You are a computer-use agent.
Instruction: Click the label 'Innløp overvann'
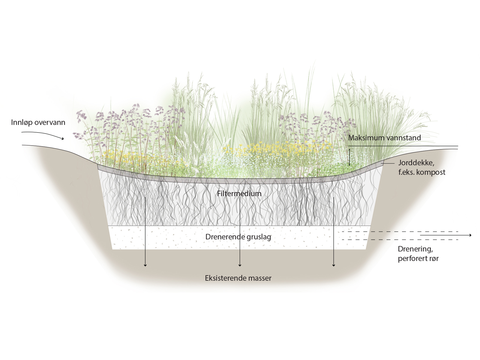coord(38,122)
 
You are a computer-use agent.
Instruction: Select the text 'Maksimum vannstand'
coord(384,138)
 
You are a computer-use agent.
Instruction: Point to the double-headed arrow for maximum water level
coord(349,157)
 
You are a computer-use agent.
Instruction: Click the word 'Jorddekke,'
coord(416,163)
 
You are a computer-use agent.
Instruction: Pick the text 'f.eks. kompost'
coord(422,172)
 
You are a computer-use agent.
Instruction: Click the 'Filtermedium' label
coord(239,193)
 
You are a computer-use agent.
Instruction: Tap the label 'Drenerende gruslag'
coord(238,237)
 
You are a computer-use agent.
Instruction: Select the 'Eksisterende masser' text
coord(238,278)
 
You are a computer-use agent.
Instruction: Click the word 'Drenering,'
coord(415,249)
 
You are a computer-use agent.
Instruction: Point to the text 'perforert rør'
coord(418,258)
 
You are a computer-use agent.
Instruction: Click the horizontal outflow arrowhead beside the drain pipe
coord(470,235)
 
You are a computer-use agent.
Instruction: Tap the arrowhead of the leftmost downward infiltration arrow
coord(145,265)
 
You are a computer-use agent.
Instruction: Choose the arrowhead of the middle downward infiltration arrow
coord(240,265)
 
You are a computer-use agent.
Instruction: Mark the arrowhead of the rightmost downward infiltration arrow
coord(334,265)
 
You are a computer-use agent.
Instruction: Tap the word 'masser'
coord(259,278)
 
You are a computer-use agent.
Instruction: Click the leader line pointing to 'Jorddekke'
coord(388,163)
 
